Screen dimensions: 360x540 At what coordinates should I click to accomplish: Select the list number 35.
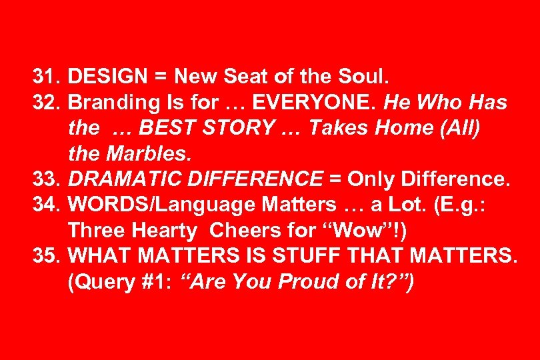[x=47, y=257]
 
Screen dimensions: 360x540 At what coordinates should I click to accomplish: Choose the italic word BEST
[x=153, y=129]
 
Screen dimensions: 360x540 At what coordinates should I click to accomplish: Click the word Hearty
[x=168, y=231]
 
